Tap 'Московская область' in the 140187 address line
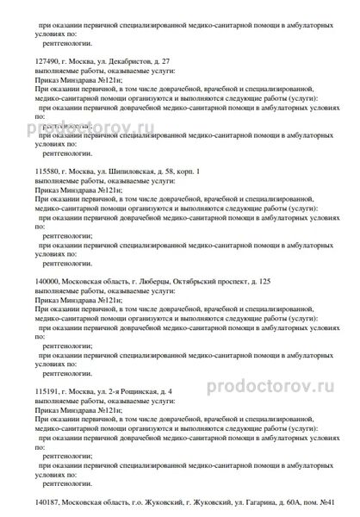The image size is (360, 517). (97, 500)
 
